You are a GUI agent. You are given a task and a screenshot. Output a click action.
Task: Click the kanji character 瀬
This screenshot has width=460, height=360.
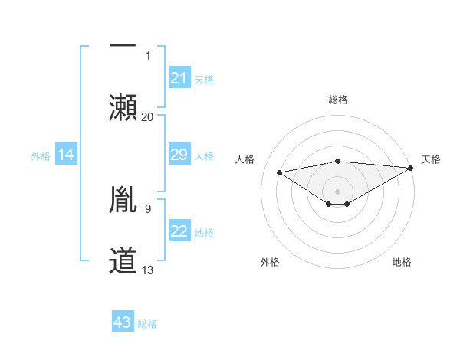[123, 106]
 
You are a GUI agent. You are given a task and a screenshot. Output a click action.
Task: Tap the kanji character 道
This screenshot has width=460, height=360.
[123, 260]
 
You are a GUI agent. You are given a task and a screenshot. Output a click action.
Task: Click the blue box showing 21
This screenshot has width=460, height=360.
[179, 78]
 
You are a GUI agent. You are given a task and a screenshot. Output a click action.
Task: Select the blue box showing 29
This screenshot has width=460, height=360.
[179, 155]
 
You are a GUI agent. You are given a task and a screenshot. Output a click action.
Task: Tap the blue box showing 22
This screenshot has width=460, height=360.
[179, 232]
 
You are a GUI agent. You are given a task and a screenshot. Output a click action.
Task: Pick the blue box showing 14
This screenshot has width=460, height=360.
[66, 155]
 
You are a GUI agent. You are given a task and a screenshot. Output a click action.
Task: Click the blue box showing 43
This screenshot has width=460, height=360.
[123, 322]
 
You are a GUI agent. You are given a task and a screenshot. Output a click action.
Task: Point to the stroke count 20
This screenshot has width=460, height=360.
[148, 116]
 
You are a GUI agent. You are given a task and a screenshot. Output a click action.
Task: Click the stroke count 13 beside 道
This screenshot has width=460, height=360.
[148, 270]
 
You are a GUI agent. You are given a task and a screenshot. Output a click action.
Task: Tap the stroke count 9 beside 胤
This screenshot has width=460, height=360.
[147, 208]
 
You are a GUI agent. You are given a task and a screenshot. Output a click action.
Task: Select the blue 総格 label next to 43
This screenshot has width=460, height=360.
[147, 324]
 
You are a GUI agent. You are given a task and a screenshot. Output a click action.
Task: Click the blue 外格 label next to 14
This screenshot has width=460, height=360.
[41, 156]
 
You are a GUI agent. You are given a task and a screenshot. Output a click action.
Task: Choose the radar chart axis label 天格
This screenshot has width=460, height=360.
[431, 159]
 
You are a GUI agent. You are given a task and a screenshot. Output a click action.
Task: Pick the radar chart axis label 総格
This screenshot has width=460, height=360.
[338, 100]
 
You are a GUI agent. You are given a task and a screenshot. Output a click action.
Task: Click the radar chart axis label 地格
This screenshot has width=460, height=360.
[402, 262]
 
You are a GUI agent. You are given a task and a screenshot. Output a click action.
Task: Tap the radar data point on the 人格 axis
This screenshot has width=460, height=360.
[279, 172]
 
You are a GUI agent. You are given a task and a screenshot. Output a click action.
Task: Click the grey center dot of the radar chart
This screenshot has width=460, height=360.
[338, 190]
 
